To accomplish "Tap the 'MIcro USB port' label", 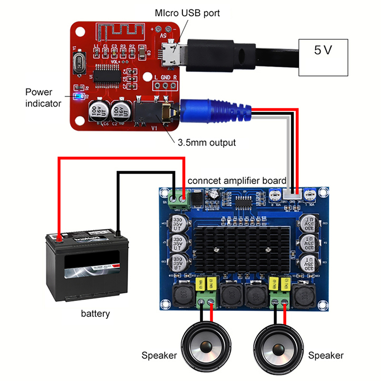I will point(187,13).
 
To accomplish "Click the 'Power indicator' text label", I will point(42,97).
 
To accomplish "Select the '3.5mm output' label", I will point(207,142).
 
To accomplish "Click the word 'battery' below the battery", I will point(95,313).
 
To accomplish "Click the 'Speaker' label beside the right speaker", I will point(326,355).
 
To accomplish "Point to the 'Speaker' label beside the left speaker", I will point(159,355).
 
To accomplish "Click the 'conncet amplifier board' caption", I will point(237,181).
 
